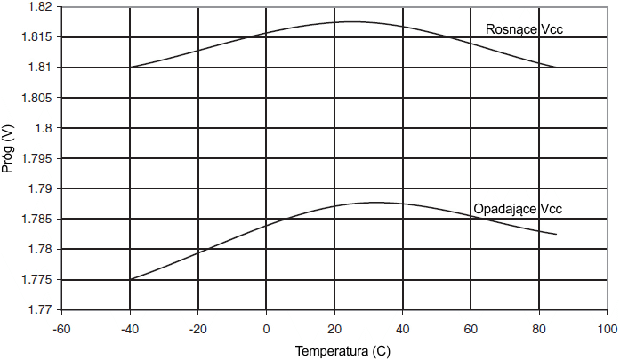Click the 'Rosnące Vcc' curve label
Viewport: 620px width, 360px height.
tap(525, 30)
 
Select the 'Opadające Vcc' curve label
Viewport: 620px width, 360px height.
tap(519, 210)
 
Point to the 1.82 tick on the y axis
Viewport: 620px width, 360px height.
tap(38, 7)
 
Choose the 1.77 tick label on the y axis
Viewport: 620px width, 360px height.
tap(38, 310)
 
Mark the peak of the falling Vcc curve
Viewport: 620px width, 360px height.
tap(375, 203)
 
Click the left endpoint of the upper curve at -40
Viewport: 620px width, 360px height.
tap(131, 67)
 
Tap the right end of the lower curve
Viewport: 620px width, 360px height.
tap(556, 235)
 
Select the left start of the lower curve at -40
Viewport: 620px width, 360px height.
tap(131, 280)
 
